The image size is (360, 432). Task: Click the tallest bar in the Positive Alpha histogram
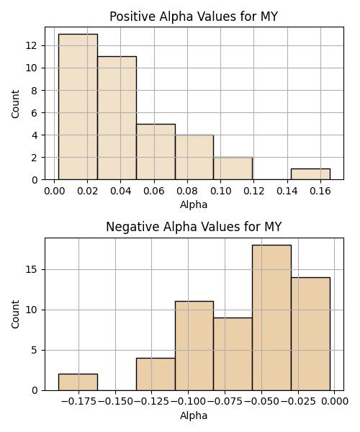coord(78,107)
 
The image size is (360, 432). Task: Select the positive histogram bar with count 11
coord(117,118)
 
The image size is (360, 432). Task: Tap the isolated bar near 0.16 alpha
coord(310,174)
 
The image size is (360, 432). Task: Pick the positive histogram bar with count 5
coord(156,152)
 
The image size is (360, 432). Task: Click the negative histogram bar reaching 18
coord(271,318)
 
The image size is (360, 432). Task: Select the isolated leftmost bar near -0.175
coord(78,382)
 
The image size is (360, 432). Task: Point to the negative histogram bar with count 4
coord(156,374)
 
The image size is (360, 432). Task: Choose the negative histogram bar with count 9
coord(233,354)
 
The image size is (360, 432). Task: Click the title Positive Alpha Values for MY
coord(194,17)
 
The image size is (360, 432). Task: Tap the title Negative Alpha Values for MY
coord(194,227)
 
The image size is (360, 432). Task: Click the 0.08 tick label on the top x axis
coord(187,191)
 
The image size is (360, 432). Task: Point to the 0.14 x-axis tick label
coord(287,191)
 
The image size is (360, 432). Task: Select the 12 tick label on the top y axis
coord(32,45)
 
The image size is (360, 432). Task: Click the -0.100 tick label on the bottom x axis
coord(188,402)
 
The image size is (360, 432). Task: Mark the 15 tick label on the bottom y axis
coord(32,269)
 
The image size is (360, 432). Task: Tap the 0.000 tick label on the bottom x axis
coord(335,402)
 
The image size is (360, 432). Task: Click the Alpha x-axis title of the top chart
coord(194,204)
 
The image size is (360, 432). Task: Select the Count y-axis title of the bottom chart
coord(15,314)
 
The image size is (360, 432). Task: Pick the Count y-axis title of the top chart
coord(15,104)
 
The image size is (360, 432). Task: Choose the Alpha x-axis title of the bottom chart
coord(194,415)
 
